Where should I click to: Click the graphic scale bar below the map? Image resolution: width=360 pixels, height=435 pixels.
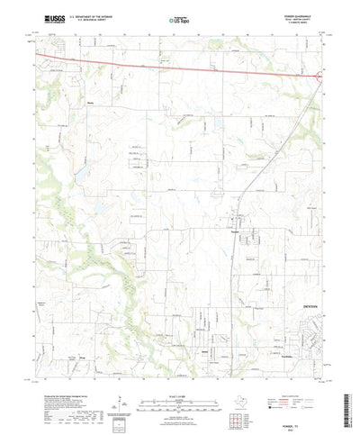coord(180,378)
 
